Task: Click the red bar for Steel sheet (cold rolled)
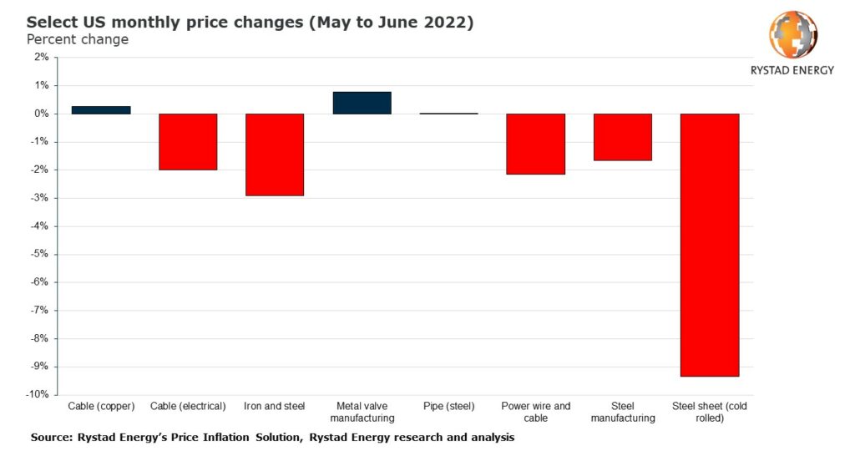click(x=709, y=245)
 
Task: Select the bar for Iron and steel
click(x=275, y=155)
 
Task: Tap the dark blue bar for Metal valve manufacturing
click(x=362, y=103)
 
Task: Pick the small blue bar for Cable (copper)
click(x=101, y=110)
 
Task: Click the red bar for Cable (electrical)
click(x=188, y=142)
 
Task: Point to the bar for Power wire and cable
click(x=535, y=144)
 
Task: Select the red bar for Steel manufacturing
click(x=622, y=137)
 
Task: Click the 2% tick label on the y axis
click(x=41, y=58)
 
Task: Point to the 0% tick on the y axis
click(x=41, y=114)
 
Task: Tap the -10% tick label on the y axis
click(x=38, y=395)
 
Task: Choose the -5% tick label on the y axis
click(x=39, y=255)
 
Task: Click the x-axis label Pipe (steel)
click(x=448, y=407)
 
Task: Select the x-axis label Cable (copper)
click(x=101, y=407)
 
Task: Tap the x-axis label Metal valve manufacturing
click(x=362, y=412)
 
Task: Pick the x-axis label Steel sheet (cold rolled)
click(x=709, y=412)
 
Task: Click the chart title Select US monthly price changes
click(x=250, y=23)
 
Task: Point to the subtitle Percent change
click(x=78, y=39)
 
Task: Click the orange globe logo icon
click(x=792, y=34)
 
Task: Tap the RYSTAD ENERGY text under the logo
click(x=792, y=70)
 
